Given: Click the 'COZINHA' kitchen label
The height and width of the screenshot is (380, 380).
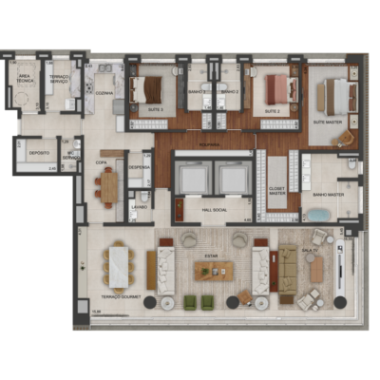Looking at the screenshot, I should tap(105, 93).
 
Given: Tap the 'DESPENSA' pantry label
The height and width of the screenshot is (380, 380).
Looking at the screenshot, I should tap(139, 163).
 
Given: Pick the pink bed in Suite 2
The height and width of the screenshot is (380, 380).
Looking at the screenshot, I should tap(275, 90).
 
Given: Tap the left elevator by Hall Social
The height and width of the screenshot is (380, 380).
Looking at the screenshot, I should tap(194, 178).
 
